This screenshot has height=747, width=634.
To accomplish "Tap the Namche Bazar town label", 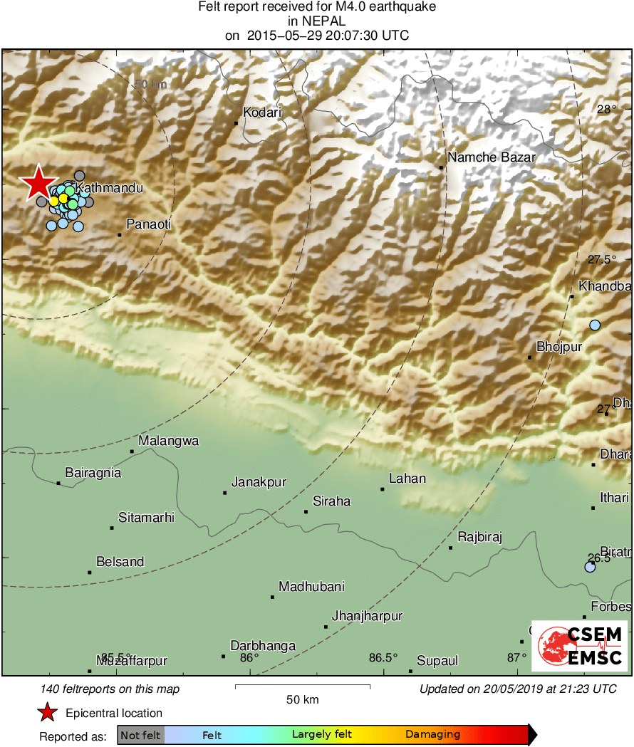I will click(491, 157).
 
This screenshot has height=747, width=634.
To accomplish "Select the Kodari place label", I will click(263, 112).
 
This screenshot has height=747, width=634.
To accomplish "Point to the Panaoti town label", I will click(149, 224).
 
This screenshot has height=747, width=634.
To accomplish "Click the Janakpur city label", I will click(259, 482).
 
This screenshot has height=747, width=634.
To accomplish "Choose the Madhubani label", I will click(311, 587).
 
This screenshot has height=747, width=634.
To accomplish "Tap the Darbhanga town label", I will click(263, 646).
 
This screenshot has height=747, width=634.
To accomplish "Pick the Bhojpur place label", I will click(559, 347).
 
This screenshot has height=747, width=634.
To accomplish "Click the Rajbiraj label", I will click(479, 537).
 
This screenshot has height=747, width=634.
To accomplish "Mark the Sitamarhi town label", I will click(146, 518).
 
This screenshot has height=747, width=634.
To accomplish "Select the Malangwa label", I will click(169, 441).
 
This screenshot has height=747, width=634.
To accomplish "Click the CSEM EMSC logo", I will click(579, 646).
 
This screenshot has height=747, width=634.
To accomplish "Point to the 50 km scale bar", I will click(302, 686).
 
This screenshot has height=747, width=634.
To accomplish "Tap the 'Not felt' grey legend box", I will click(140, 734).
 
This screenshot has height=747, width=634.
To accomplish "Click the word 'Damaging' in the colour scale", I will click(433, 734).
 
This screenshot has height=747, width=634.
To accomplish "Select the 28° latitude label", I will click(607, 110).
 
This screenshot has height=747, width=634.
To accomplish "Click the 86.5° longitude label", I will click(383, 657).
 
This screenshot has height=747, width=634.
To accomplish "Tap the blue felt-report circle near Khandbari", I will click(595, 325).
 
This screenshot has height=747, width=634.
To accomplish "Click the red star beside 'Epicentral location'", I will click(47, 713).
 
